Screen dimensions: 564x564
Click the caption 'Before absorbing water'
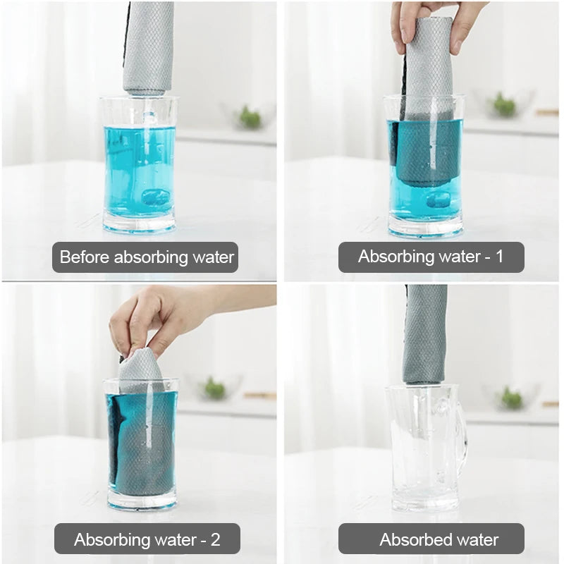click(x=146, y=257)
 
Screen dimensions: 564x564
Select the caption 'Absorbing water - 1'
click(x=431, y=257)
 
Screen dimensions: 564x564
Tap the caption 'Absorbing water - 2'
click(x=147, y=540)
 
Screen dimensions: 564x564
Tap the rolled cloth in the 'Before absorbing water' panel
click(x=148, y=46)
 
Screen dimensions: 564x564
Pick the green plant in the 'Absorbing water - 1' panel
click(x=503, y=106)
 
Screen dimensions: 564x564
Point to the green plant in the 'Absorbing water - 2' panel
click(x=214, y=388)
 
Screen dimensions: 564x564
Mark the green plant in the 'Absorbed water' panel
click(x=510, y=398)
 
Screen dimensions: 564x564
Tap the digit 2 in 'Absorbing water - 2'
click(x=215, y=540)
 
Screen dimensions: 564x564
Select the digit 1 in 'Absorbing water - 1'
click(x=499, y=257)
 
